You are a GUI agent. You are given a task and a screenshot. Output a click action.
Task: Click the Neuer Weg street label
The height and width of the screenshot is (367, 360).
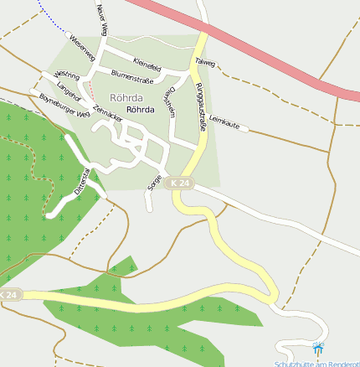(102, 19)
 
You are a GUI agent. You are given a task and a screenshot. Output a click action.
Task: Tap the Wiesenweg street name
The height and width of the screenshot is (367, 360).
(81, 44)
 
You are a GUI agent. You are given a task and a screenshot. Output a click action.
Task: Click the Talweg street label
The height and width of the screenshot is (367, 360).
(204, 63)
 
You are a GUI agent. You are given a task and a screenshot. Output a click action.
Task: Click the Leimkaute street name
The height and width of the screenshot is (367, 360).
(224, 123)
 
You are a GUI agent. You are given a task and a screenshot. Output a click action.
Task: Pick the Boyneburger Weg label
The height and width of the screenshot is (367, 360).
(64, 110)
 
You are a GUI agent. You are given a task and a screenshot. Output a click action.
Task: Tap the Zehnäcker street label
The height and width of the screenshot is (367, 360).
(107, 114)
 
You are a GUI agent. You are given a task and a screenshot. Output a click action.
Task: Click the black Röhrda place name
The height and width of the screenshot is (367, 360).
(141, 109)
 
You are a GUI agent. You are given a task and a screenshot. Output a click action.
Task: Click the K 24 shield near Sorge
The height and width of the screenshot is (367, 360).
(179, 183)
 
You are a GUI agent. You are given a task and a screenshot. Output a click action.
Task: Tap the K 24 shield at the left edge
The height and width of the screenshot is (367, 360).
(9, 296)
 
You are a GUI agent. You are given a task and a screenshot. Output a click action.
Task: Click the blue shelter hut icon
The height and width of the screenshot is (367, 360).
(317, 347)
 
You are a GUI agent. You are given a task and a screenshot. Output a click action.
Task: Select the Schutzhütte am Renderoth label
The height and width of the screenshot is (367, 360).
(316, 363)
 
